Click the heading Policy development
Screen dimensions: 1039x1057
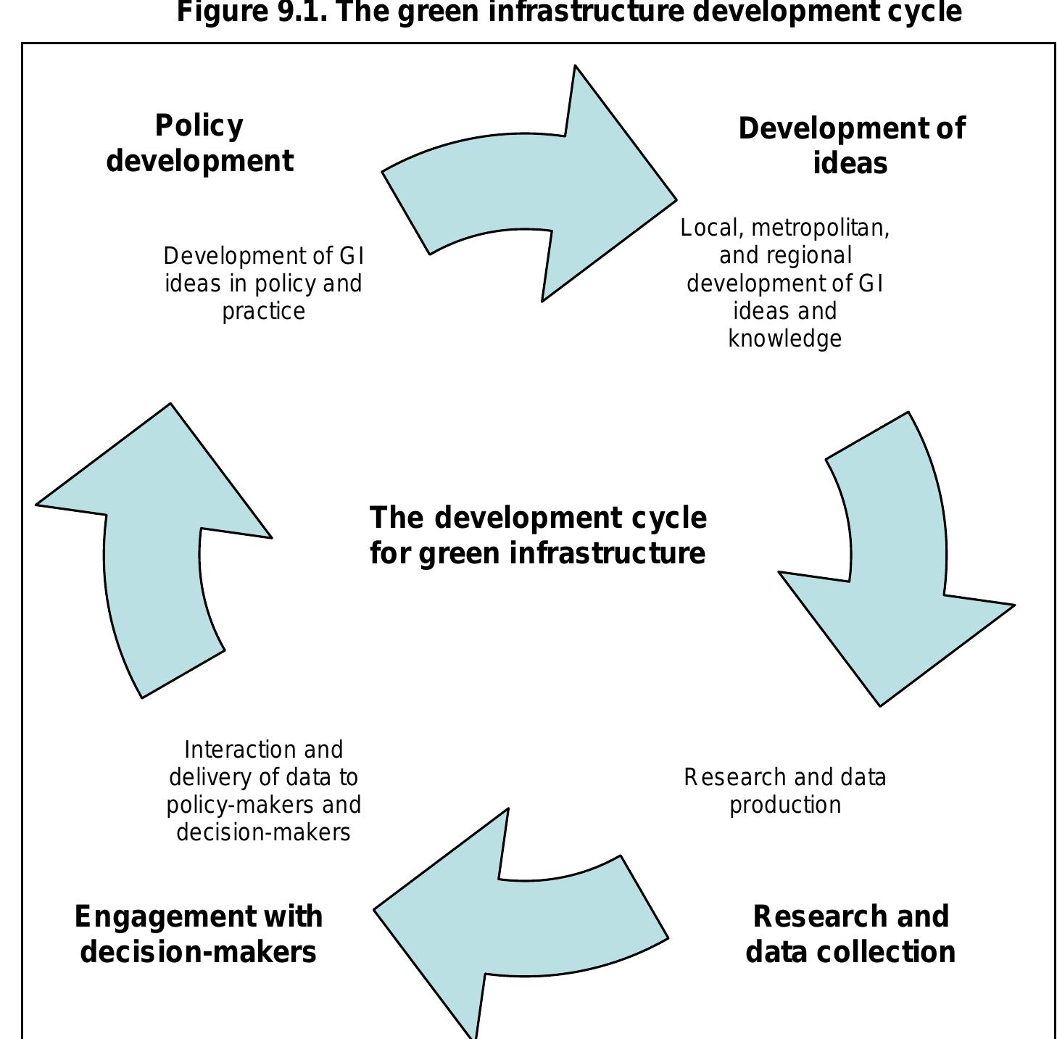coord(199,144)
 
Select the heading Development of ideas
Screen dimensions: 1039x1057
coord(851,146)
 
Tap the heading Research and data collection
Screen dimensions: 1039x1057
coord(850,934)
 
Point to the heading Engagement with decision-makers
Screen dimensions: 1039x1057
coord(198,934)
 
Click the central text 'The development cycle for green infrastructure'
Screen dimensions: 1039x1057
coord(537,535)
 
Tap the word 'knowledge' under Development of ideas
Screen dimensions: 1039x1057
coord(784,339)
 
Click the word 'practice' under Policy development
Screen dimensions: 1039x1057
coord(263,311)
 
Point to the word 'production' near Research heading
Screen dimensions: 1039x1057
coord(784,805)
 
